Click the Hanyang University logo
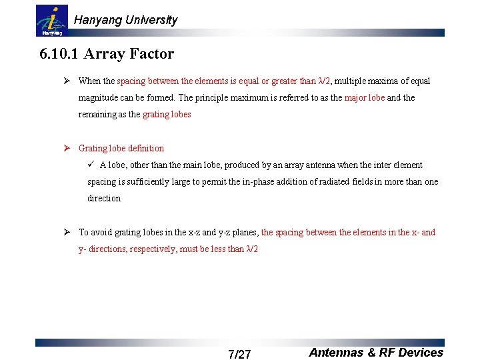[51, 21]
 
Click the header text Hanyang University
[125, 20]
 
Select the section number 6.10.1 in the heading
[59, 54]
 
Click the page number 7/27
[239, 354]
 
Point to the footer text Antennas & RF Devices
[376, 353]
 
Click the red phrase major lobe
[364, 97]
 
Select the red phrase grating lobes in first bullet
[167, 114]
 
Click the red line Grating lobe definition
[121, 148]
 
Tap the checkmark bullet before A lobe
[93, 165]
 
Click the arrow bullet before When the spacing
[67, 81]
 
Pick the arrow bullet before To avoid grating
[67, 232]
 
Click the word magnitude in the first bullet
[98, 97]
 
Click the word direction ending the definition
[104, 198]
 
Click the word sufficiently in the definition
[140, 181]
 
